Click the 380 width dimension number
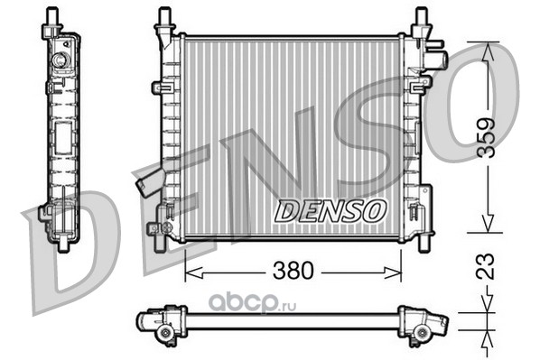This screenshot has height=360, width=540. point(293,271)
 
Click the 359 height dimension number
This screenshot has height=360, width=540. point(487,138)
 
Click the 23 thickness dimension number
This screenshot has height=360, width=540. point(485,266)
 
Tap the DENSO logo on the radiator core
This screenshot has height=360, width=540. point(330,210)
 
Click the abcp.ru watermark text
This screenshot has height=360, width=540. point(253,303)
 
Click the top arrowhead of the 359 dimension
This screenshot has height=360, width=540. point(487,51)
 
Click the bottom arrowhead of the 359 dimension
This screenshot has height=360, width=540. point(487,223)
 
